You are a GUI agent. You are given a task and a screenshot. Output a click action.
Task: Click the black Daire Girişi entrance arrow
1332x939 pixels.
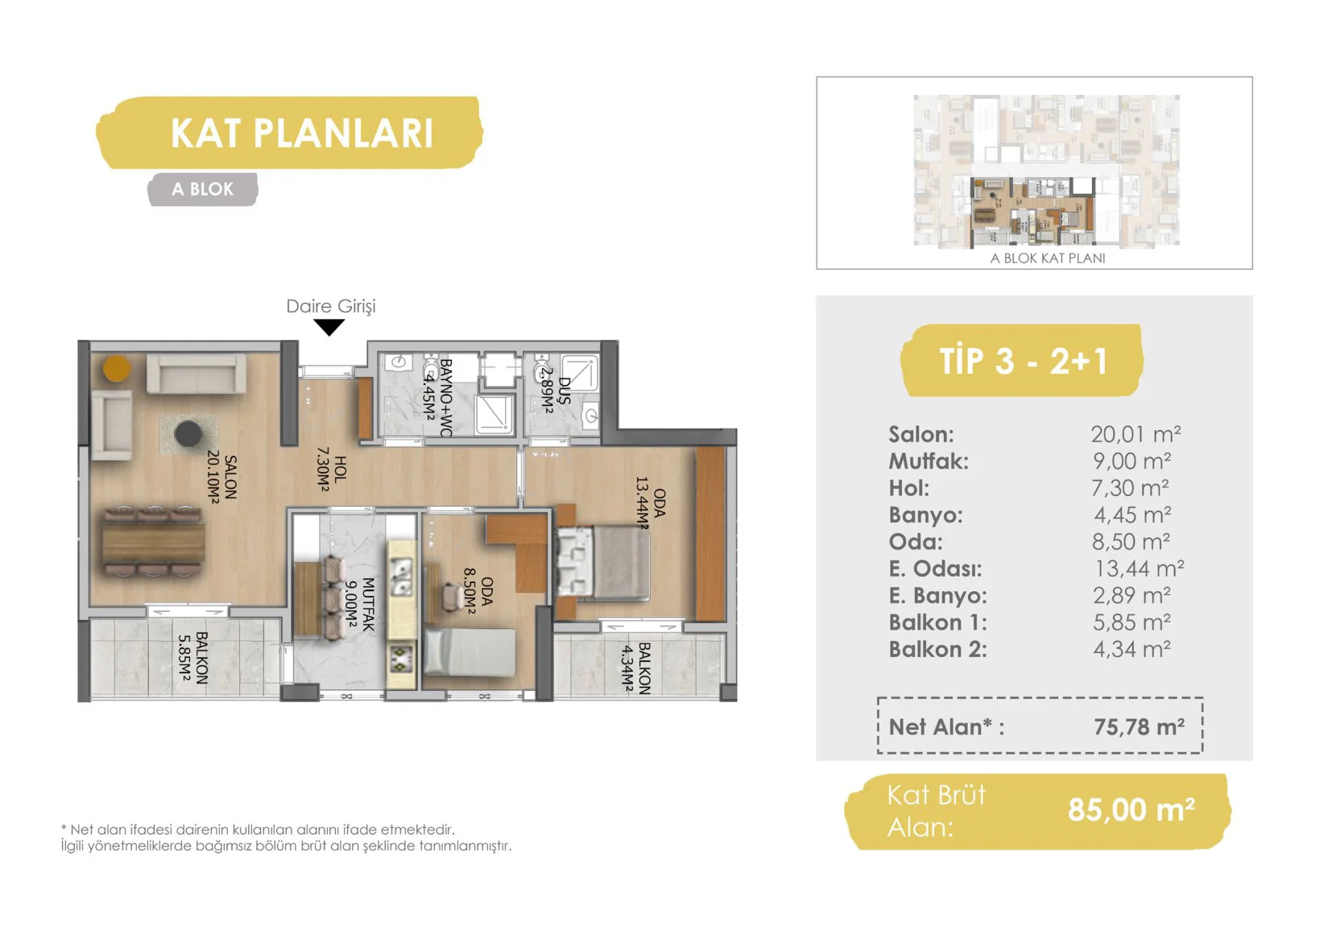329,327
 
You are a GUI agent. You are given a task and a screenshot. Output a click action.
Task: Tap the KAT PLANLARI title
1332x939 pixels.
302,133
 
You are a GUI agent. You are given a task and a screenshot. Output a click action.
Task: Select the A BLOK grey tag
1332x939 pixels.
203,189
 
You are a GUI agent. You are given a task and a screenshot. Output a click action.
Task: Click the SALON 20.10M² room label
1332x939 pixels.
221,477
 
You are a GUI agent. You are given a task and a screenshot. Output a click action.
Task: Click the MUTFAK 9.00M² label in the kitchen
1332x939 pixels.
359,604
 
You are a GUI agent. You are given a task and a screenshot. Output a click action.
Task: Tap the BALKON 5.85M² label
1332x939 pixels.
192,658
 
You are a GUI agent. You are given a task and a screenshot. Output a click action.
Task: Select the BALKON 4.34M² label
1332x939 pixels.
635,668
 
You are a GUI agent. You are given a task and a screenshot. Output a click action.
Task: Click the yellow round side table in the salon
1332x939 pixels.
117,368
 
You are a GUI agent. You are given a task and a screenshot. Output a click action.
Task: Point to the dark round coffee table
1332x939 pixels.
188,433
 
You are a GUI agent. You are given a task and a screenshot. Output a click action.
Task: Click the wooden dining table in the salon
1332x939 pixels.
154,541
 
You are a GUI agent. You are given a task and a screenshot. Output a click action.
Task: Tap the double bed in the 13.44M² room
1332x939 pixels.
602,563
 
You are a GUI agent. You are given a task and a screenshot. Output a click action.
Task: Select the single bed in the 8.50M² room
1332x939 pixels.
470,652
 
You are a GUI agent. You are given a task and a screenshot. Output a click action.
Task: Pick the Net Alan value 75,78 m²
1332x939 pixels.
1139,726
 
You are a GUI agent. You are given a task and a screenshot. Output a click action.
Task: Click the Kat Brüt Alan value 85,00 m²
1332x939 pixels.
1131,809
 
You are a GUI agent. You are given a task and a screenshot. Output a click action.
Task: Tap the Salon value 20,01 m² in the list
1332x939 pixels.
1136,434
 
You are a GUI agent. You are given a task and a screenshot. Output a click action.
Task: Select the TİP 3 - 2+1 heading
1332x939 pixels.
1023,360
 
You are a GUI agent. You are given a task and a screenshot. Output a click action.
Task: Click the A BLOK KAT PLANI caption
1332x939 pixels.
1048,258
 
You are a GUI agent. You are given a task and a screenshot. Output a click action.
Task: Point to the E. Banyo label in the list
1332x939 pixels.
937,595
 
